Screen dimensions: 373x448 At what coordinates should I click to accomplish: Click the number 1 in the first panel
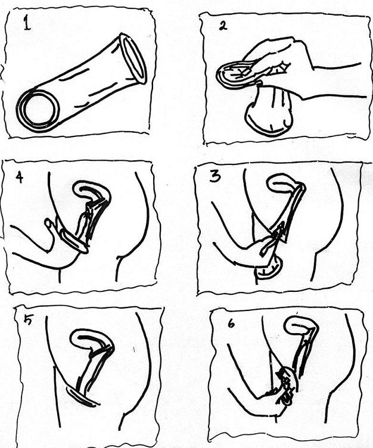pyautogui.click(x=27, y=23)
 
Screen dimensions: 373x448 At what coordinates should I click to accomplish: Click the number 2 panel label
pyautogui.click(x=223, y=26)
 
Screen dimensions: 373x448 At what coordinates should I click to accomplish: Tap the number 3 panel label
pyautogui.click(x=215, y=177)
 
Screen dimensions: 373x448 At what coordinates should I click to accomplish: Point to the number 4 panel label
pyautogui.click(x=20, y=178)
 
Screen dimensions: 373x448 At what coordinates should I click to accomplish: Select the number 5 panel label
pyautogui.click(x=29, y=320)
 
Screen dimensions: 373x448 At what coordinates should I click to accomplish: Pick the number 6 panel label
pyautogui.click(x=231, y=323)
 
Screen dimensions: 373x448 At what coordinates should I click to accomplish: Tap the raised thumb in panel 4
pyautogui.click(x=49, y=223)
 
